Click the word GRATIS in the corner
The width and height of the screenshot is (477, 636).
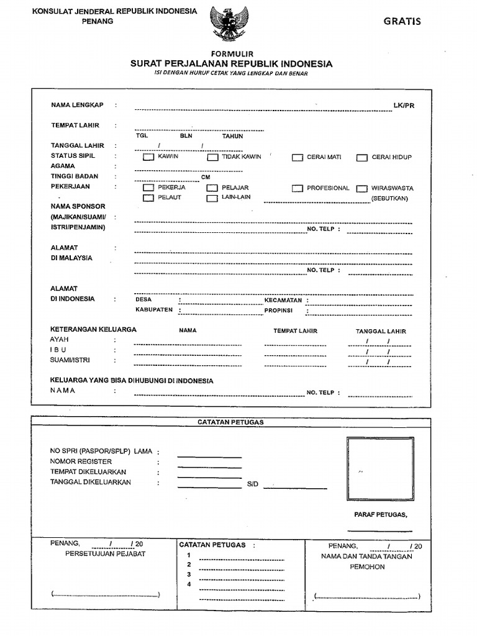[402, 21]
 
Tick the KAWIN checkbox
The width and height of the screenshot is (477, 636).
[148, 157]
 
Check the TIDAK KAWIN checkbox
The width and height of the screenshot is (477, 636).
[212, 157]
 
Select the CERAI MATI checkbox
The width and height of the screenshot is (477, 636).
[298, 158]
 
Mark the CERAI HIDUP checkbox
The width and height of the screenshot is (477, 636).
[361, 158]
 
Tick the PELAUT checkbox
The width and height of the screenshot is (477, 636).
[148, 198]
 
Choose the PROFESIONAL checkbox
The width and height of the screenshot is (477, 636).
[298, 188]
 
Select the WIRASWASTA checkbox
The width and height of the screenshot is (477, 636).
[361, 188]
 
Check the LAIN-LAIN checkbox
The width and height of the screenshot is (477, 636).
[212, 198]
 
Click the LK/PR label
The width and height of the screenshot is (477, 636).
[403, 106]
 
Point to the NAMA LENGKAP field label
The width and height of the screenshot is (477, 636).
[77, 105]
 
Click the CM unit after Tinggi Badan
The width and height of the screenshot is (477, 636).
[206, 177]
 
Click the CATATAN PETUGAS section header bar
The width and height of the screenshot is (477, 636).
[230, 422]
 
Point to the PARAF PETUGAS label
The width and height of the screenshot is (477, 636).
[380, 515]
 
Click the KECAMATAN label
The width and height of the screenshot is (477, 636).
[283, 300]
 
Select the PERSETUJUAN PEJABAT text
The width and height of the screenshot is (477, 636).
[105, 554]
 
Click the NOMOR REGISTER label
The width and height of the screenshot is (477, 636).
[81, 461]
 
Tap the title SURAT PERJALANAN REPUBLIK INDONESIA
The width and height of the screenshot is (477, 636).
[231, 64]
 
